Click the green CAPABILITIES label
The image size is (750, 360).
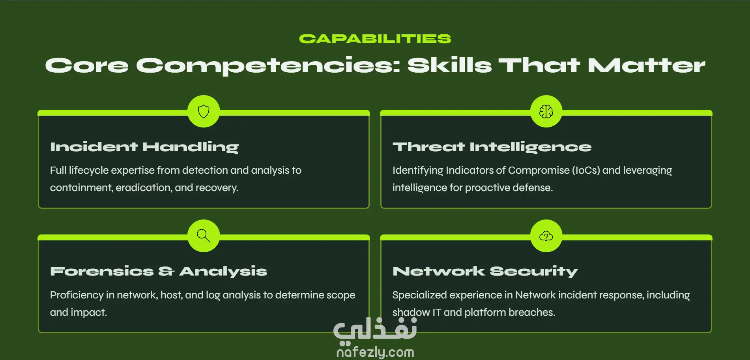coord(375,39)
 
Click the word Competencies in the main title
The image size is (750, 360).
coord(268,66)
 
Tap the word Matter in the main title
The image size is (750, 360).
coord(646,65)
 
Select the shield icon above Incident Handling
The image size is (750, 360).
coord(204,112)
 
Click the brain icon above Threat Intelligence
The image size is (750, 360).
coord(546,112)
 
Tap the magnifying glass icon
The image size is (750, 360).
coord(204,236)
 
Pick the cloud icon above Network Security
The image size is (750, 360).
coord(546,236)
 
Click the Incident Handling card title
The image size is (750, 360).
coord(144,147)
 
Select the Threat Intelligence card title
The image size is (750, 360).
coord(492,147)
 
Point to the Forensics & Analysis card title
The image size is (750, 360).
coord(159,271)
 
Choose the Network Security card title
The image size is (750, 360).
coord(485,271)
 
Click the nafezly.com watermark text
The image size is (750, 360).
coord(375,352)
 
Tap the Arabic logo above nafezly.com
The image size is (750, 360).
coord(375,330)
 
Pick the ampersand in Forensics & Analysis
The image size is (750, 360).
coord(166,271)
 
